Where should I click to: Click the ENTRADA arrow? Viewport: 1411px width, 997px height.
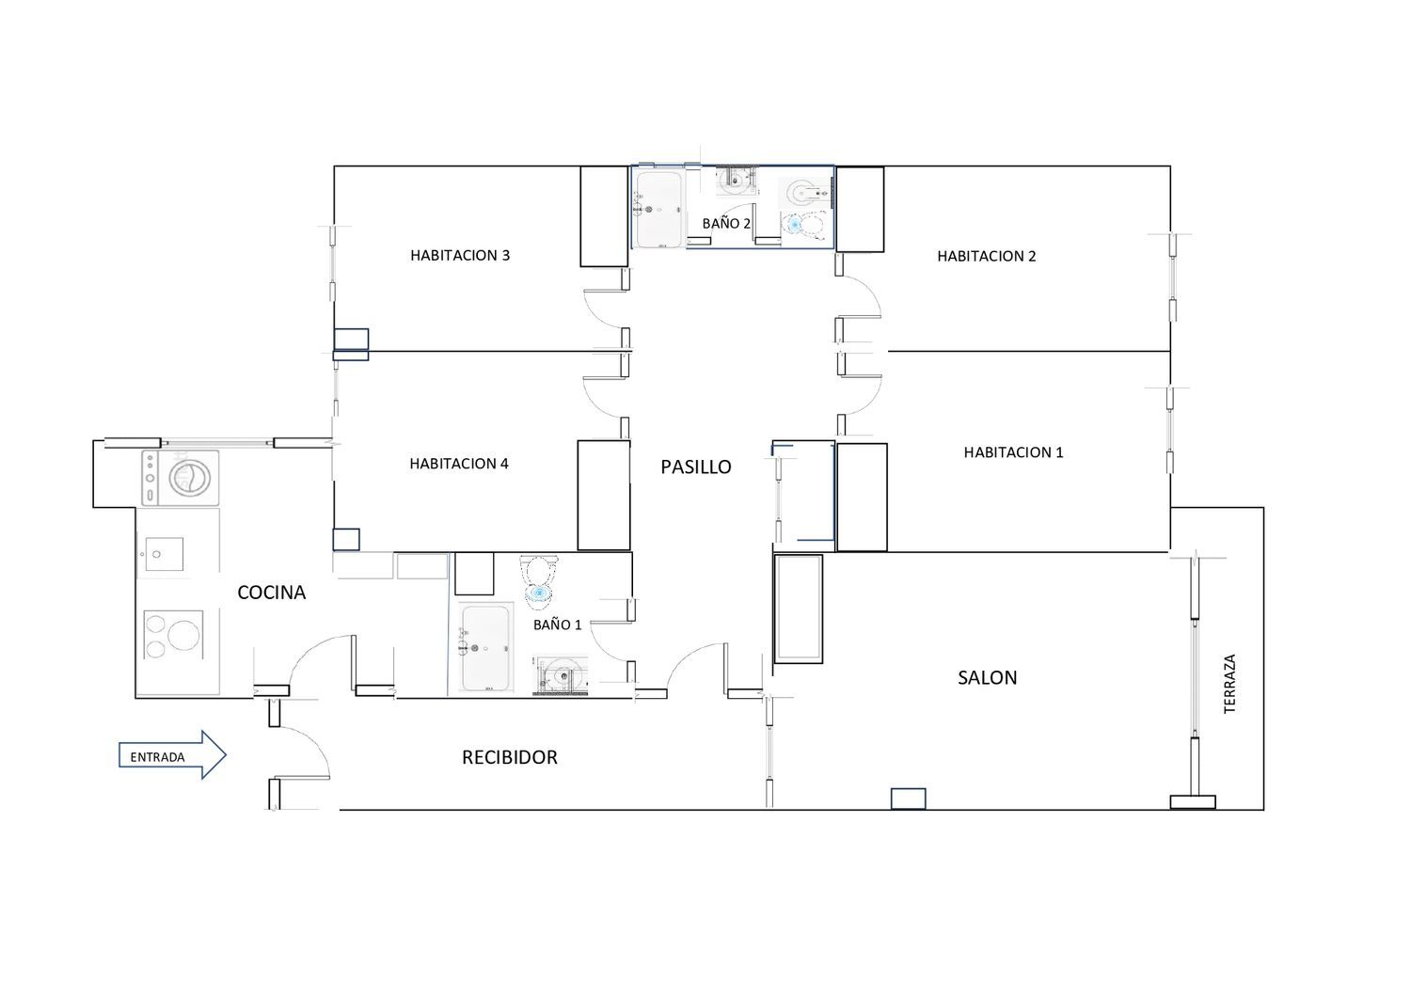(172, 755)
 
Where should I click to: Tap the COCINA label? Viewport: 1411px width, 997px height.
(272, 592)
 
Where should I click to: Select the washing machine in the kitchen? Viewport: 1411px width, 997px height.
(181, 478)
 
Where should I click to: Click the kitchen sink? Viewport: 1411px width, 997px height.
(164, 554)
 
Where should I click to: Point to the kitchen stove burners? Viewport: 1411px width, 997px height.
(173, 634)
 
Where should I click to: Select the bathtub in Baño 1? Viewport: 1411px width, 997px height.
(485, 647)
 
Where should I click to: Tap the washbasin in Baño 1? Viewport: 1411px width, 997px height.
(562, 675)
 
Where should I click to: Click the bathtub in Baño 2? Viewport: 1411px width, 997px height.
(658, 209)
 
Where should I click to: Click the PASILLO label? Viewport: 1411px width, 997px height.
(696, 467)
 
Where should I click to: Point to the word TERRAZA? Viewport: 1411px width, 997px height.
(1229, 684)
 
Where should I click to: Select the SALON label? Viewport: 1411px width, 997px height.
(987, 678)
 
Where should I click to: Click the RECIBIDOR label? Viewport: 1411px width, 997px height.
(510, 757)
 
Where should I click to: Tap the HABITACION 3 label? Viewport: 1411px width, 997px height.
(460, 255)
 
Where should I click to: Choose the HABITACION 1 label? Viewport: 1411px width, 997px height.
(1013, 452)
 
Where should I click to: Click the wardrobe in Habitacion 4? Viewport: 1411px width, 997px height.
(604, 495)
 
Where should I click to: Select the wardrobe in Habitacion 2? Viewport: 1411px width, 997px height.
(860, 209)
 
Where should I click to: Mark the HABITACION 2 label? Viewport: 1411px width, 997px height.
(987, 256)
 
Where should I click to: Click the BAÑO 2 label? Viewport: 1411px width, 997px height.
(726, 223)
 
